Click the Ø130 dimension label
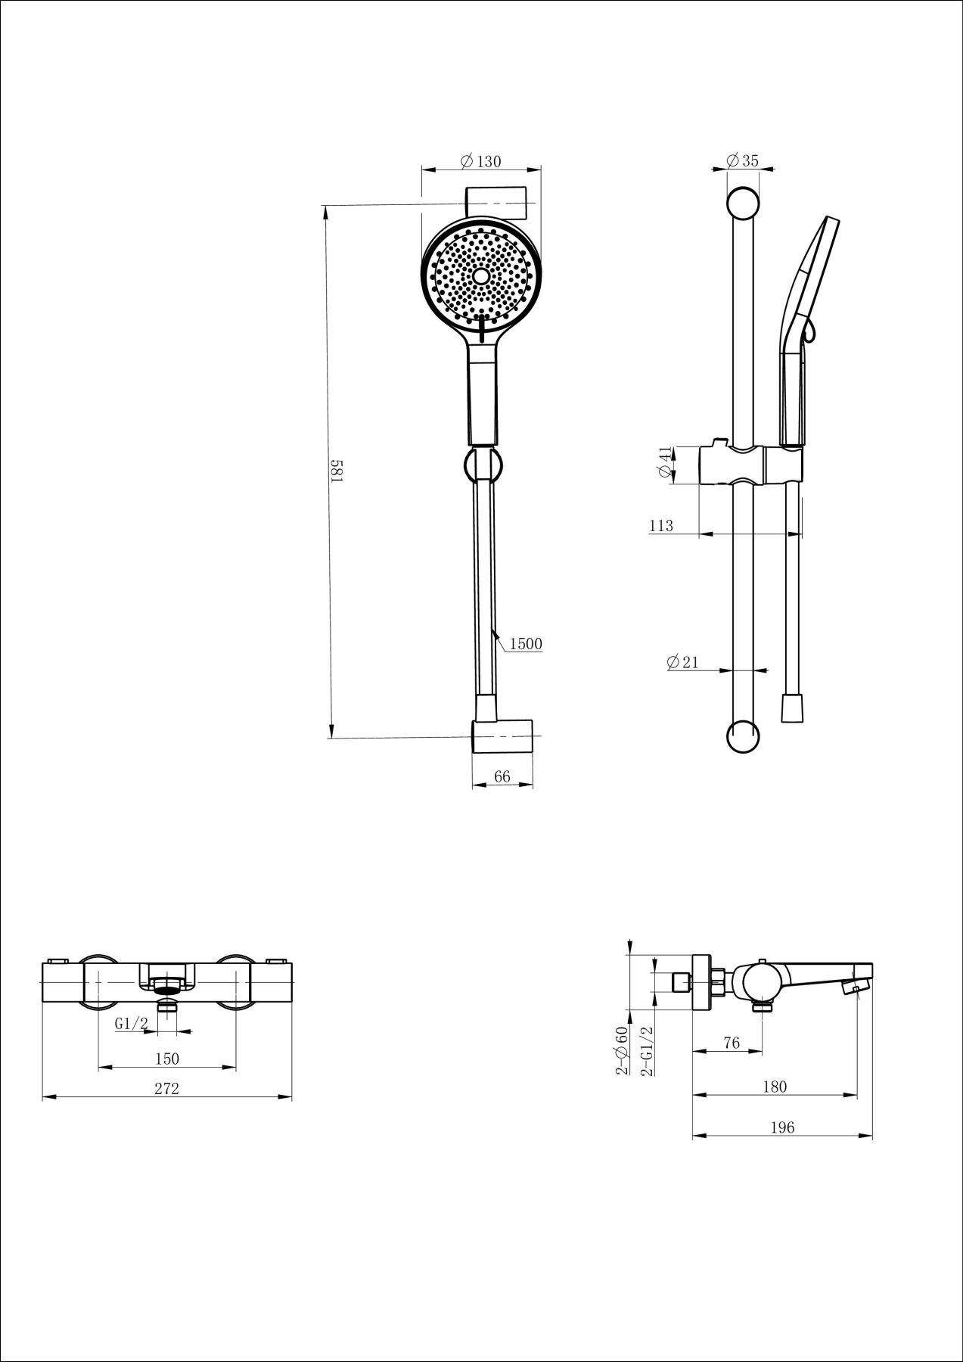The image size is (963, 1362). click(480, 161)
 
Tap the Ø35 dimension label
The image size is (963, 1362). click(742, 160)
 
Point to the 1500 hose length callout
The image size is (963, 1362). click(526, 644)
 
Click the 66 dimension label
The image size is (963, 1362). click(502, 776)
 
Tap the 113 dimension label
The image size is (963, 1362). click(661, 526)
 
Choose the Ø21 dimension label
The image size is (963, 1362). click(683, 662)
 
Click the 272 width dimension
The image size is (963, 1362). click(166, 1088)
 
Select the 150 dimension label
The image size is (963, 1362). click(166, 1059)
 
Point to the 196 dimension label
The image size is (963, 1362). click(782, 1127)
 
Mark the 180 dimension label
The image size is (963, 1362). click(775, 1087)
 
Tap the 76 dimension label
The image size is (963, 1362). click(731, 1043)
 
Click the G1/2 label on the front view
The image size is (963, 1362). click(131, 1024)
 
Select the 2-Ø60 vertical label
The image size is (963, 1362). click(623, 1050)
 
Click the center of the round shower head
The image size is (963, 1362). click(481, 275)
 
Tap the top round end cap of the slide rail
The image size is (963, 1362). click(742, 204)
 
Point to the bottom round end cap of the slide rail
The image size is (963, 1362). click(742, 736)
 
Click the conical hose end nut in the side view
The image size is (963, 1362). click(792, 707)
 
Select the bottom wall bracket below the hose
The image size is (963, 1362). click(502, 736)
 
